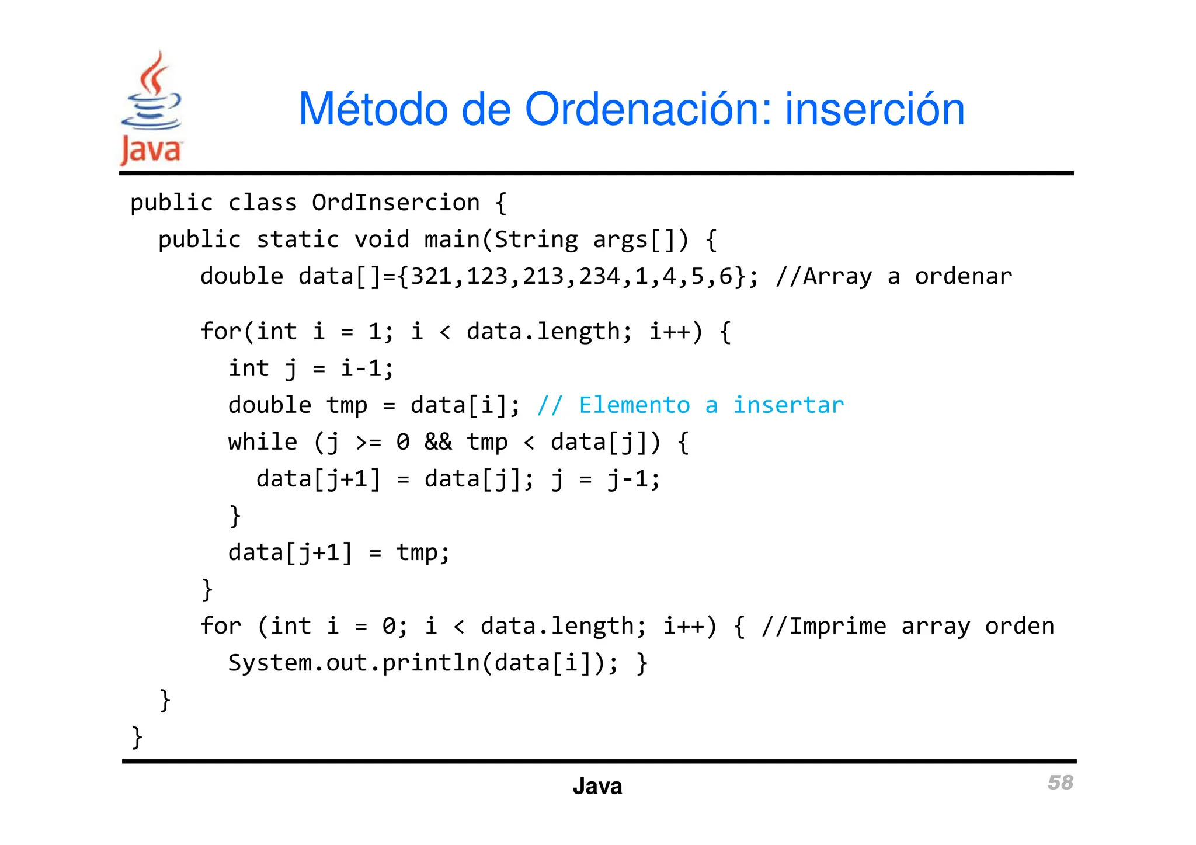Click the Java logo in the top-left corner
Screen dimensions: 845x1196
tap(151, 109)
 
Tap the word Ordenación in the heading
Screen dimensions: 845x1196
tap(649, 109)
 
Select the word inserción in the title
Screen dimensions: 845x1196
tap(874, 109)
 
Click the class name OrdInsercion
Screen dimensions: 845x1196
tap(395, 203)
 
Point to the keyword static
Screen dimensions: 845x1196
tap(298, 239)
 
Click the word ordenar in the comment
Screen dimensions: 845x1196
tap(963, 276)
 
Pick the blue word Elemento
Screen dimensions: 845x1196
tap(634, 405)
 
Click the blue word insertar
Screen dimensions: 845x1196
tap(788, 405)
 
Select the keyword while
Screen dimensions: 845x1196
tap(263, 442)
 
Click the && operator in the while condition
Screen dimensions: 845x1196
tap(438, 442)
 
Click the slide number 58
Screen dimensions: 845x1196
tap(1060, 783)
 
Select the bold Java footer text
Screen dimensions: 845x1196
tap(597, 786)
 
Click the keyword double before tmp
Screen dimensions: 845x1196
tap(270, 405)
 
